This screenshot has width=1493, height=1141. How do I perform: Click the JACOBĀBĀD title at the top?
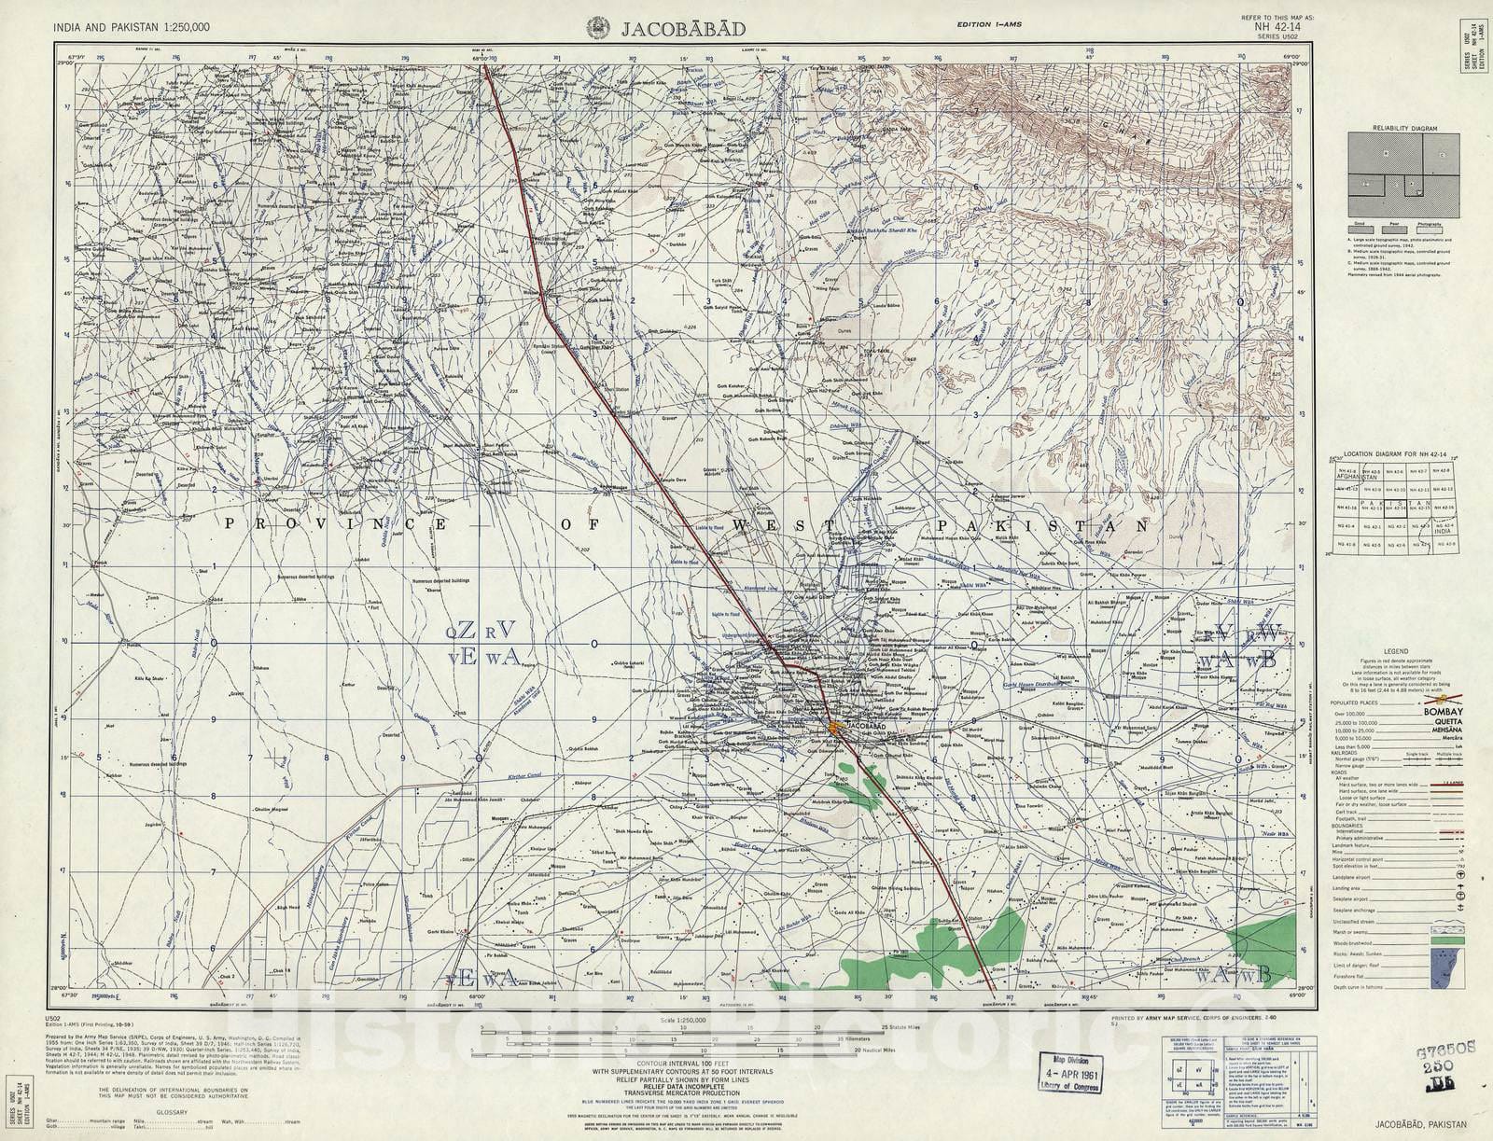(x=684, y=28)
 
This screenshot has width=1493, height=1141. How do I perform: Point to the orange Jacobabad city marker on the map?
(x=810, y=725)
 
